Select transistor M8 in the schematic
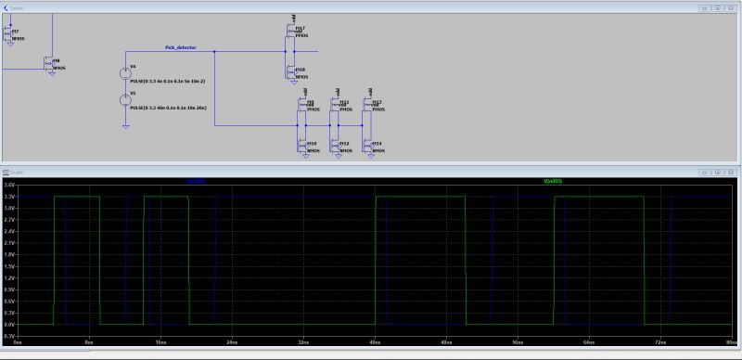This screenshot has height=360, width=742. [50, 64]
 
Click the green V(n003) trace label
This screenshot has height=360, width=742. [553, 181]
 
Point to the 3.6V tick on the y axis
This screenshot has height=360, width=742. [9, 186]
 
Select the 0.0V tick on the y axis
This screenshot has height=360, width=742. [9, 326]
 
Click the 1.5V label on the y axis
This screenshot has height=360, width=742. [9, 267]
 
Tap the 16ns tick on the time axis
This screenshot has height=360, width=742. [160, 342]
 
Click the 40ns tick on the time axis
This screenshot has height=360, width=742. [374, 342]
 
